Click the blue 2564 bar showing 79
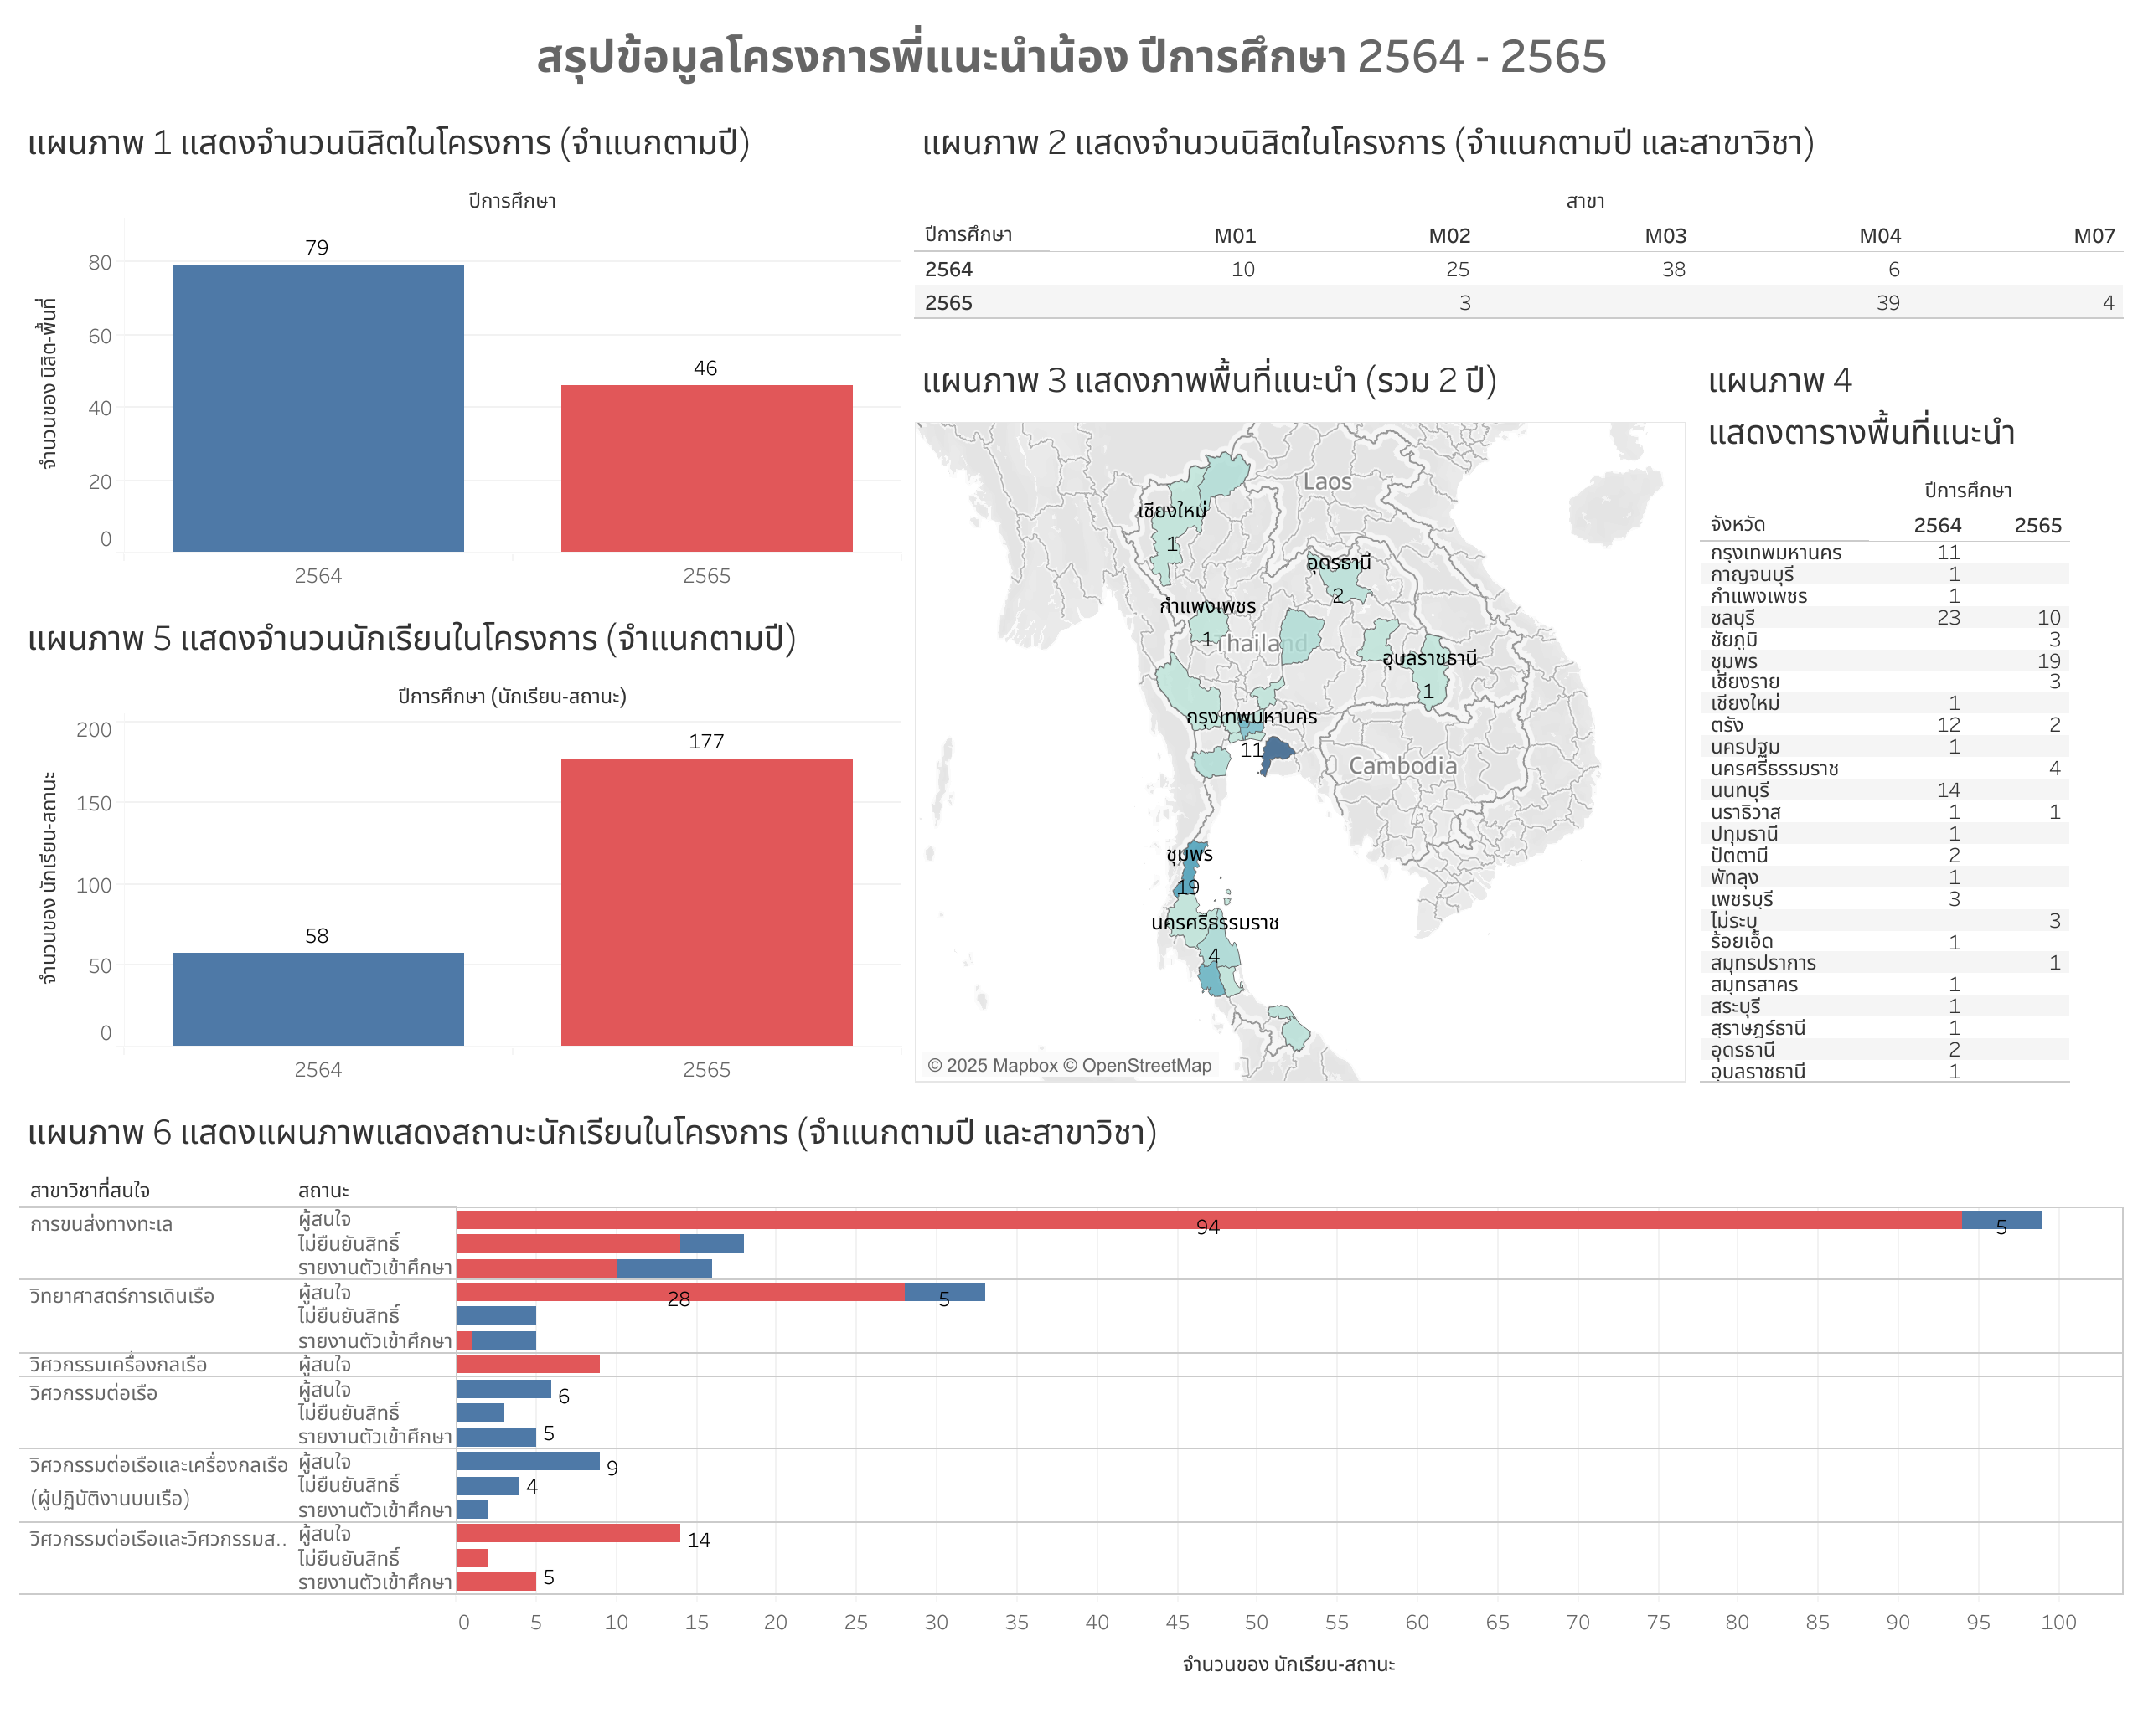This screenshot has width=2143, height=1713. click(x=318, y=408)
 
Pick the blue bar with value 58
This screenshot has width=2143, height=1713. click(x=318, y=999)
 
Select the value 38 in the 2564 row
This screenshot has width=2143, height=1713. click(x=1673, y=270)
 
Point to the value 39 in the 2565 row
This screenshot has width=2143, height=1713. click(x=1887, y=303)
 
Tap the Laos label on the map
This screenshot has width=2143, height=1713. click(x=1327, y=482)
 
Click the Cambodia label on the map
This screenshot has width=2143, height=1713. click(x=1402, y=766)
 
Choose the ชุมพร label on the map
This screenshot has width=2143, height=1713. click(x=1189, y=855)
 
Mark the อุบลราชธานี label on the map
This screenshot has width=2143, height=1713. click(x=1428, y=658)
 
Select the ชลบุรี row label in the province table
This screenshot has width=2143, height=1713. click(x=1732, y=618)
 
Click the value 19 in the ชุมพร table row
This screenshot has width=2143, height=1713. click(x=2047, y=661)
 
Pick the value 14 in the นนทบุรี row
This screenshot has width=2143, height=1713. click(x=1947, y=790)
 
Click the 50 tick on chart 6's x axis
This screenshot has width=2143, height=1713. click(x=1257, y=1623)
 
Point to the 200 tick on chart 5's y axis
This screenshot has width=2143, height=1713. click(x=95, y=730)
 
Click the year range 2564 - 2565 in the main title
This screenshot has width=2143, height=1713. click(x=1481, y=57)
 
